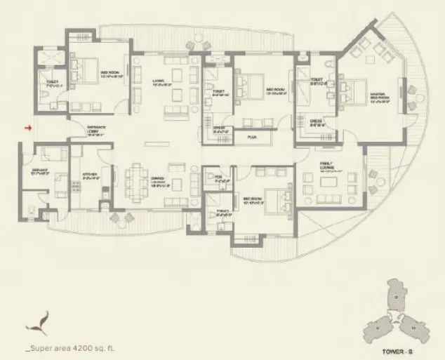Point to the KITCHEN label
coord(89,178)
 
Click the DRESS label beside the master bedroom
coord(315,122)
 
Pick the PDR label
coord(219,177)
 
